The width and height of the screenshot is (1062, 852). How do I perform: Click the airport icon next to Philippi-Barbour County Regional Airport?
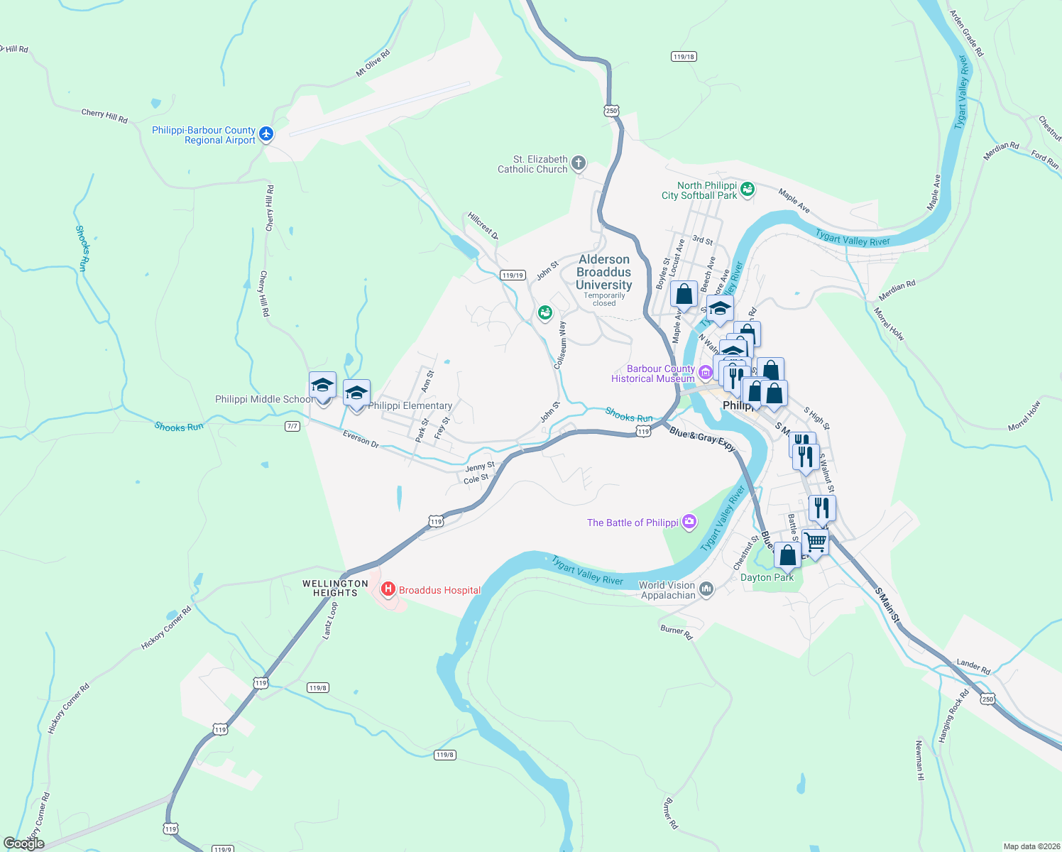(266, 133)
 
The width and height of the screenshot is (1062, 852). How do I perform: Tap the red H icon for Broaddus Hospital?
(388, 589)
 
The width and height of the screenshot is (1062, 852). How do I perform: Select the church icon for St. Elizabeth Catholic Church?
(579, 163)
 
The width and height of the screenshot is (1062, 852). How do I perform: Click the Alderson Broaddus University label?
(604, 273)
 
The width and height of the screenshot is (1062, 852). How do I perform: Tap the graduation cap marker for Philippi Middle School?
(322, 386)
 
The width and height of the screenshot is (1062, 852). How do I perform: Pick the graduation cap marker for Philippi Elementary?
(356, 393)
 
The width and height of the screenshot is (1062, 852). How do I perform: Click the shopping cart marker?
(815, 542)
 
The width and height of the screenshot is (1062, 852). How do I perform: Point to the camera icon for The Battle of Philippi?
(689, 523)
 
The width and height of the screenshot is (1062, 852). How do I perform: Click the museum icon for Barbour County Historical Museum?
(705, 372)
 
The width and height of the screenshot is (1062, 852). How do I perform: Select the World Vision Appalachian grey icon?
(706, 589)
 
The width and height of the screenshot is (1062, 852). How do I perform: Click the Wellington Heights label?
(335, 588)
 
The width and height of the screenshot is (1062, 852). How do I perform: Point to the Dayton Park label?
(767, 578)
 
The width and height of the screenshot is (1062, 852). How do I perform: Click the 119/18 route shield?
(684, 57)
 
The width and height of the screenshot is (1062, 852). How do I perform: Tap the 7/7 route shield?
(292, 426)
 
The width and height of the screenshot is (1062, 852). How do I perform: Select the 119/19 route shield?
(512, 275)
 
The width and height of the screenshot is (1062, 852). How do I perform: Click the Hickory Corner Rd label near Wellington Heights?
(166, 628)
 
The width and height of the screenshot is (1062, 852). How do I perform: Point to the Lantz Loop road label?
(330, 620)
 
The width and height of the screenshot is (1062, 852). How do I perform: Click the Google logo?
(24, 843)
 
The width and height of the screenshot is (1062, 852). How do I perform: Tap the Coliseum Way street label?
(561, 344)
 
